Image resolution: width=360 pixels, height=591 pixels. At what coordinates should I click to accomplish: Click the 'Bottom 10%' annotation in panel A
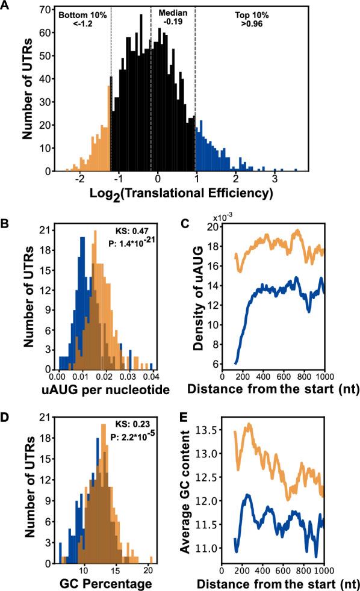click(x=77, y=12)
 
